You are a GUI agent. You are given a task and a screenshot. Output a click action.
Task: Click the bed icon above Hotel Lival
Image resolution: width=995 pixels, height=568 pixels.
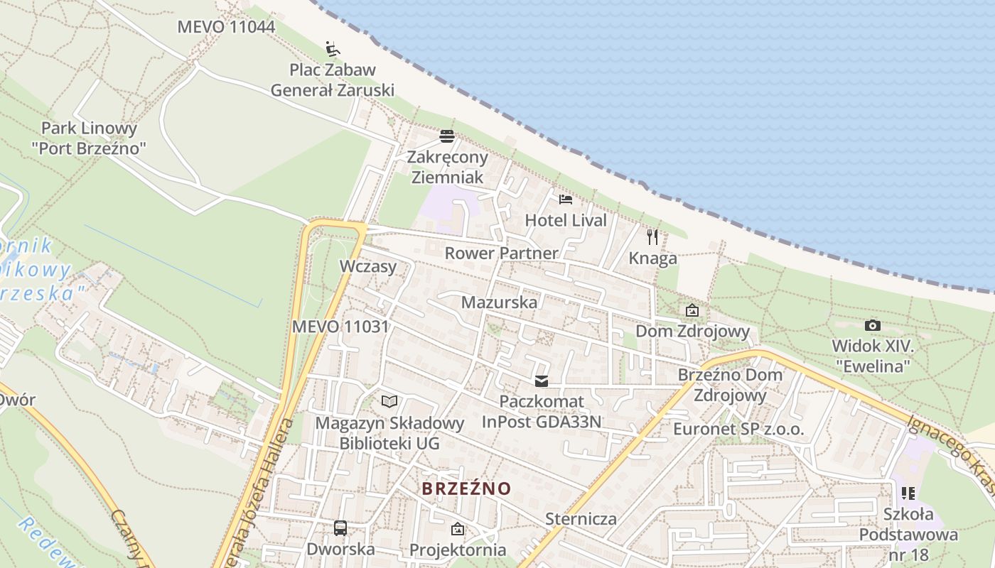coord(565,199)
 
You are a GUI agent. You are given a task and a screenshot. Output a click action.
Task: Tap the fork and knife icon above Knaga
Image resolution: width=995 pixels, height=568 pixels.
coord(652,236)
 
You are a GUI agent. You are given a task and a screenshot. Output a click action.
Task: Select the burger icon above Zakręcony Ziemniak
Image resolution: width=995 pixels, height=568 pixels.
coord(447,136)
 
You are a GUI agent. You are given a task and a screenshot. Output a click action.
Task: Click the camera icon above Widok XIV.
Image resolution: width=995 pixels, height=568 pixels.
coord(873,325)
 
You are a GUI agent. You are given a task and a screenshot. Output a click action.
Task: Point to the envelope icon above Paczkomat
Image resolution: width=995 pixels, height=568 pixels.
coord(542,381)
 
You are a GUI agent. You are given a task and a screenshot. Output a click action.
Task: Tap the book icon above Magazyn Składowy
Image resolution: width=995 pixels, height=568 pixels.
coord(389,402)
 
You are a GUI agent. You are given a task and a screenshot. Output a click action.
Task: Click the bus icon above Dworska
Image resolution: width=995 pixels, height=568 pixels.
coord(340,528)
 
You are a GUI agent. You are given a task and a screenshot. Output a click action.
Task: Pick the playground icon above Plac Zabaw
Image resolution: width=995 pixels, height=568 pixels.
coord(333,48)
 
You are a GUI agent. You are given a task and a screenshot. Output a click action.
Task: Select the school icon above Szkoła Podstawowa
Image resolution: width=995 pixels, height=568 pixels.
coord(908,492)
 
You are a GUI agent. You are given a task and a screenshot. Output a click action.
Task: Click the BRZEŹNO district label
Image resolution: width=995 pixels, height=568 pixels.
coord(466,488)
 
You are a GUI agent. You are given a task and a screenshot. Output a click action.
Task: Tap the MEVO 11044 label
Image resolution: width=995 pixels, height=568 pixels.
coord(225,27)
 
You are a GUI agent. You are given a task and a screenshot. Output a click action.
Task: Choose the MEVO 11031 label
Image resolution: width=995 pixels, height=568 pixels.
coord(340,327)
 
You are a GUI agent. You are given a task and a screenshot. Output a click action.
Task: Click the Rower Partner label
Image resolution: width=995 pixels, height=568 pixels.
coord(501,253)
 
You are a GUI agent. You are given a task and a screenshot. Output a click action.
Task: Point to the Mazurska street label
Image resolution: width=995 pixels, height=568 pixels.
coord(499,302)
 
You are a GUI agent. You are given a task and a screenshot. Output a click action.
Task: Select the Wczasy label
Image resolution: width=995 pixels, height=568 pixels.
coord(367,266)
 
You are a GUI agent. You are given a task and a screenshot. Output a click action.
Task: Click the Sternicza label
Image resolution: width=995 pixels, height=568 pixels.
coord(581,518)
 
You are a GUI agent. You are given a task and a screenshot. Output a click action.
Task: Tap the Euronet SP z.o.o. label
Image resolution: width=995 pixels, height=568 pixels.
coord(738,429)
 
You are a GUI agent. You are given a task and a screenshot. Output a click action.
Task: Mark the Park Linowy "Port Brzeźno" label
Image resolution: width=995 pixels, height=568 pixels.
coord(89,138)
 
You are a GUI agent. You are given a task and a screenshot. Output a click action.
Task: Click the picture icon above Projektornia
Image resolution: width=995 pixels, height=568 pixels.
coord(457,529)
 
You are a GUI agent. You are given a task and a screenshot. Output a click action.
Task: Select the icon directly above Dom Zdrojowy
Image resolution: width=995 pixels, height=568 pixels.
coord(692,310)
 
